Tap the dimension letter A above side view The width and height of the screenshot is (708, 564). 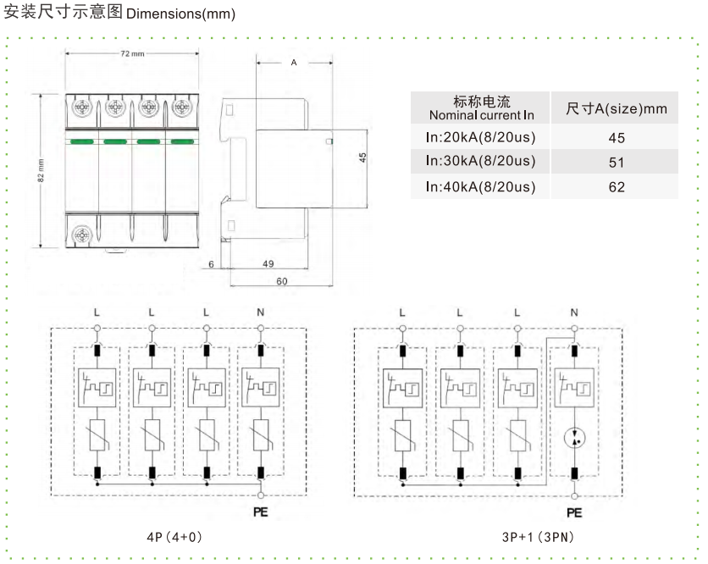294,63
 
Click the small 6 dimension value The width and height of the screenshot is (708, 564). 210,263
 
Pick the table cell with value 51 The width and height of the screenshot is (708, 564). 616,161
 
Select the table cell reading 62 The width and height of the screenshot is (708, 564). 616,186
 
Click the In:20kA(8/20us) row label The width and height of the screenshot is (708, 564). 481,135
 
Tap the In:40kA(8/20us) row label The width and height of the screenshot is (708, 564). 481,186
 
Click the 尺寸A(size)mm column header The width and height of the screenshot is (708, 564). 616,108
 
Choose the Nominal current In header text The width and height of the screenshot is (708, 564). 481,114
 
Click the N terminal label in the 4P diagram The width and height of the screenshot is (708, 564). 260,312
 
